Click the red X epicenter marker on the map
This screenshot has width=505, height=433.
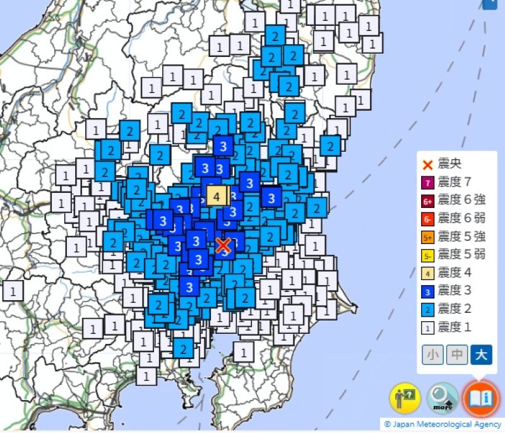point(223,245)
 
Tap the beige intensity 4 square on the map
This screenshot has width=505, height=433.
point(217,196)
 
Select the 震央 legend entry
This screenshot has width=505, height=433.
point(446,165)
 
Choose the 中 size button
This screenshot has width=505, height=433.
point(457,355)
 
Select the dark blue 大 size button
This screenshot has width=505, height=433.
point(480,355)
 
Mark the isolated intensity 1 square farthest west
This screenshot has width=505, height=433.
point(13,290)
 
